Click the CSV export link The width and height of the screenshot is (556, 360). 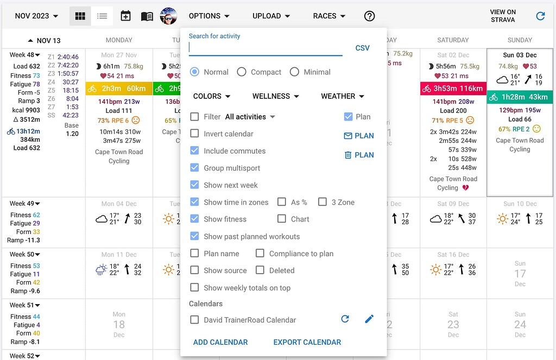(362, 48)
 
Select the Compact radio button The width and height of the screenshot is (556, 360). (242, 72)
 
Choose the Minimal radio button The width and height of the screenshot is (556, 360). (294, 72)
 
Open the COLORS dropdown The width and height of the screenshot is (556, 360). (212, 96)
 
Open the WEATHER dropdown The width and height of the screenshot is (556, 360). (343, 96)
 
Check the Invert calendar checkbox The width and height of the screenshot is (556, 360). (194, 134)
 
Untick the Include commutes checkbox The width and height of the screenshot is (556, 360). (194, 150)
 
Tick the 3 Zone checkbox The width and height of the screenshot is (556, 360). (323, 202)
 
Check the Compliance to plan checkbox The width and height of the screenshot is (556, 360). (260, 253)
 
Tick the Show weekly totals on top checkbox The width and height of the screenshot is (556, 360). (194, 287)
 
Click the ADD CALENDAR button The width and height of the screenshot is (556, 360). (220, 342)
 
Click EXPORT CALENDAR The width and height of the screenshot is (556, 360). (307, 342)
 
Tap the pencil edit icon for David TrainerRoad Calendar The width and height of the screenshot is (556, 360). (369, 319)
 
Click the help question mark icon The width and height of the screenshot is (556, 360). (369, 16)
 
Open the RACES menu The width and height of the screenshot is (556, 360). (328, 16)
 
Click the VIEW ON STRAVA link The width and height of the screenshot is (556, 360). (503, 16)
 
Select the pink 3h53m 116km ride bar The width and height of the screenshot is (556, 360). (453, 89)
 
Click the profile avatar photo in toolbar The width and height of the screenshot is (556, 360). (168, 16)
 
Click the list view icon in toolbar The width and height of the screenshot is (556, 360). (102, 16)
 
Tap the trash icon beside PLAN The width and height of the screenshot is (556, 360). (348, 155)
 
